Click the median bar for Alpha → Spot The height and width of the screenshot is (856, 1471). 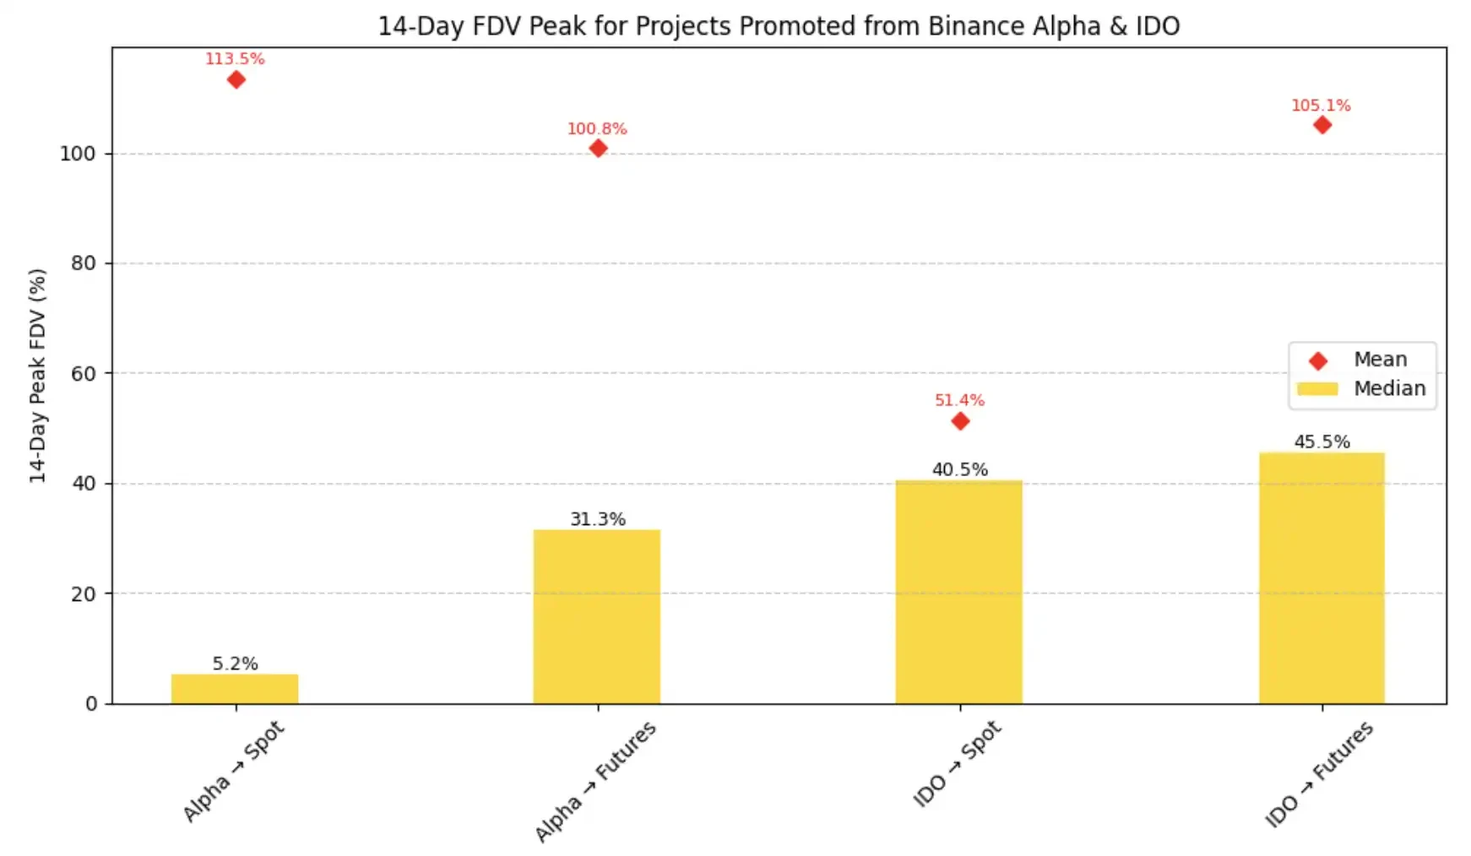(235, 689)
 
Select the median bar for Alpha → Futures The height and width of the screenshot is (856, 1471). (596, 616)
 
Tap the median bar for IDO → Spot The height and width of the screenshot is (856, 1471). (958, 591)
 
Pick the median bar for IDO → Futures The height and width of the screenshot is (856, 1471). (1322, 577)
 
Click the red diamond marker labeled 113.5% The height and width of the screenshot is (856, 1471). (236, 80)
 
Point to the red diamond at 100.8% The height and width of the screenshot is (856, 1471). (598, 149)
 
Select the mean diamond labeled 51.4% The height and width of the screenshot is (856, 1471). (960, 421)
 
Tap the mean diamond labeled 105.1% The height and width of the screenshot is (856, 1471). (1322, 125)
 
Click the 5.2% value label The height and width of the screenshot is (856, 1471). (235, 664)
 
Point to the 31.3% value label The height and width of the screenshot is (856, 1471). (597, 519)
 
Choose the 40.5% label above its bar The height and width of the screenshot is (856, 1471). (959, 469)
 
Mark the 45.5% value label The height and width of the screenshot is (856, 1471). (1322, 442)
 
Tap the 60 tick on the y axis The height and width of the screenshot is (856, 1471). (84, 374)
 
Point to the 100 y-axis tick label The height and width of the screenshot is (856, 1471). (78, 154)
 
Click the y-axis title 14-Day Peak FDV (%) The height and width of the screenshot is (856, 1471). (37, 376)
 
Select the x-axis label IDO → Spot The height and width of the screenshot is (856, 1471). (957, 764)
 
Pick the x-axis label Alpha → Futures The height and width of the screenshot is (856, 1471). (595, 782)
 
